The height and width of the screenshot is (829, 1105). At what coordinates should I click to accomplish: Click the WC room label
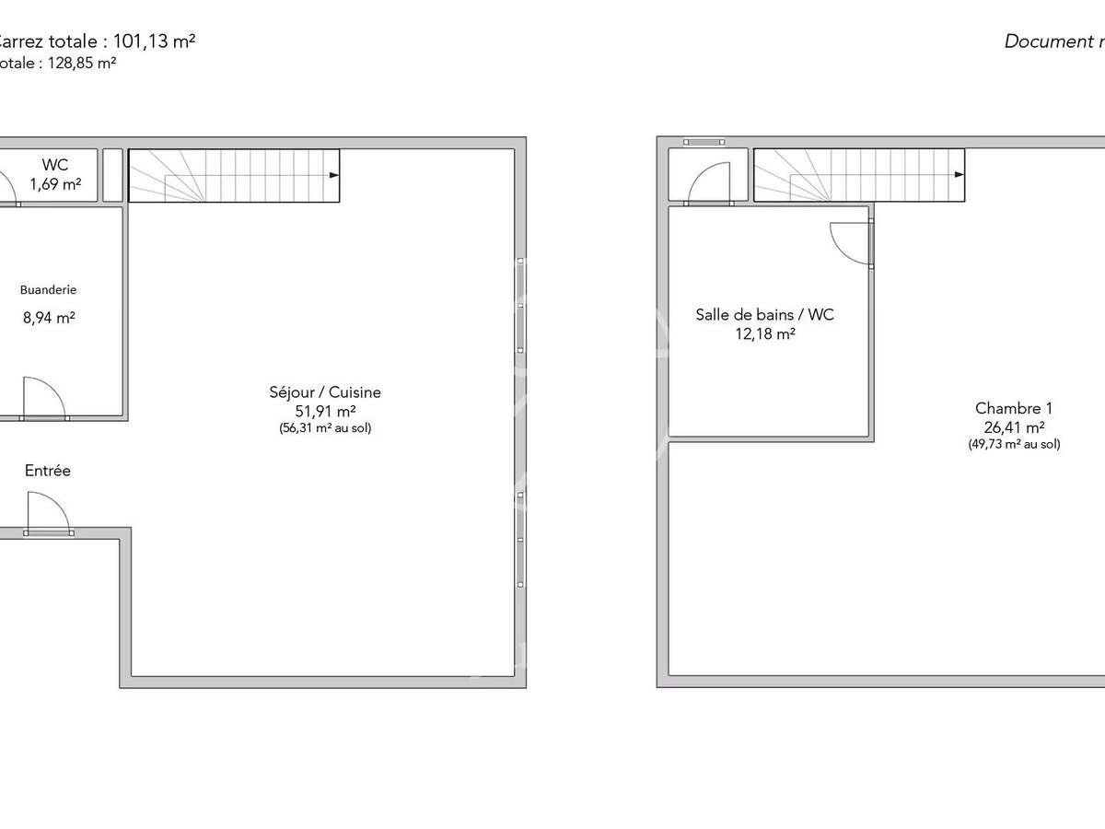55,165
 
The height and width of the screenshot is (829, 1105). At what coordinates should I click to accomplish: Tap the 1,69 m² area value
55,183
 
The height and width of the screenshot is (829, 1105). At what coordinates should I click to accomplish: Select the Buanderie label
49,289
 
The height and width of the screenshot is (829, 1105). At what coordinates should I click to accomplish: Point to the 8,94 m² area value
49,318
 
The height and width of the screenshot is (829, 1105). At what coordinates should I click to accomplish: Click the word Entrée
48,471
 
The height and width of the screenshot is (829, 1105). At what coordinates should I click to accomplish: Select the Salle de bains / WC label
764,315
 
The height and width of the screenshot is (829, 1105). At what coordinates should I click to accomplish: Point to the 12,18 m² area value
764,334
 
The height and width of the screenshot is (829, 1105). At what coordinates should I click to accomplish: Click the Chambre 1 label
1013,408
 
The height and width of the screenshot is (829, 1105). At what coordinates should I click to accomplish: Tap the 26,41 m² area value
1013,427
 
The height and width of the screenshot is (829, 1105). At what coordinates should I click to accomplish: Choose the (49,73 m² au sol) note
1013,444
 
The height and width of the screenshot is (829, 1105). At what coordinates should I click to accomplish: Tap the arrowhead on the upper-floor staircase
960,174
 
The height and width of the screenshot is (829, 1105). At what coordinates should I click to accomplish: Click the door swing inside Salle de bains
849,245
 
